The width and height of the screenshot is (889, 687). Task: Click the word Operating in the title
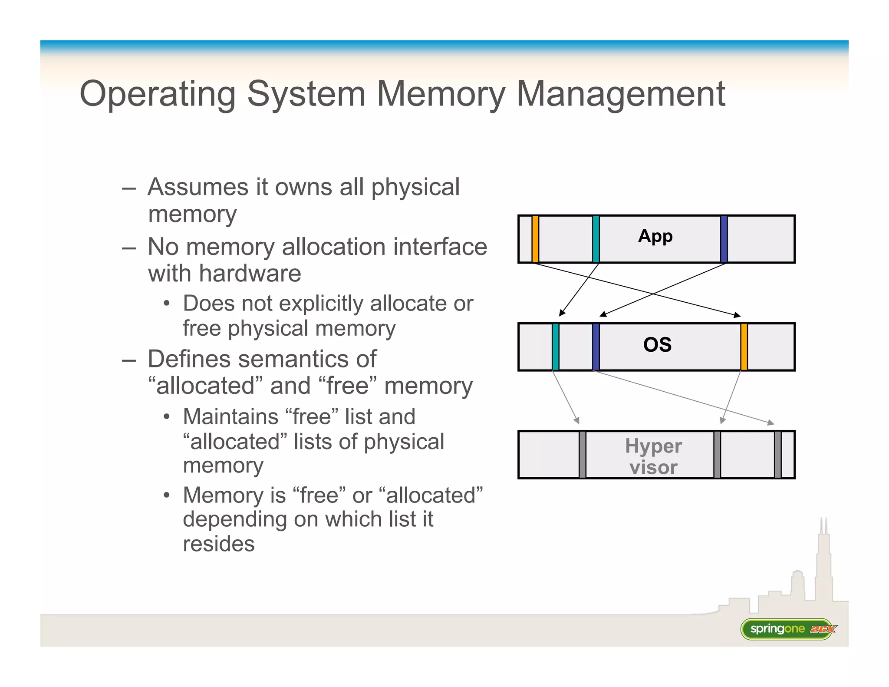click(158, 94)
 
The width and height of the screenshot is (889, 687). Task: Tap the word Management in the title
click(621, 94)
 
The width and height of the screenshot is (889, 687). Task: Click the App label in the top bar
click(655, 237)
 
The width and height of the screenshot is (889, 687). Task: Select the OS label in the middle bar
click(657, 345)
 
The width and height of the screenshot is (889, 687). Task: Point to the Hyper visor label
click(653, 456)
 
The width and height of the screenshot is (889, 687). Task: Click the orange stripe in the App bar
click(535, 239)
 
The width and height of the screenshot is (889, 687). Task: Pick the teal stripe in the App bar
click(596, 239)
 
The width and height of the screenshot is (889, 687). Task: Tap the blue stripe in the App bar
click(724, 239)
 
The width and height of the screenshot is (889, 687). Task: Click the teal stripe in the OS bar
click(555, 347)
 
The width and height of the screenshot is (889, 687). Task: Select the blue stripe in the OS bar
click(596, 347)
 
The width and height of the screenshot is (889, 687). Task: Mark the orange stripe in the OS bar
click(744, 347)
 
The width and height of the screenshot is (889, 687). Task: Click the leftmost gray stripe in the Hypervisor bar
click(583, 455)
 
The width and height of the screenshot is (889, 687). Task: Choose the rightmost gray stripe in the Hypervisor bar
click(777, 455)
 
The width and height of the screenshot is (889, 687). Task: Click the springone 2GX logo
click(788, 629)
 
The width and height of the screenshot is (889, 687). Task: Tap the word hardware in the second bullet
click(250, 274)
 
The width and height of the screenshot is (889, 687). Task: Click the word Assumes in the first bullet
click(198, 187)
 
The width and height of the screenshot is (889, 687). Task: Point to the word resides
click(218, 544)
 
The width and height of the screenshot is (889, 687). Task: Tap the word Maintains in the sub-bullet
click(230, 417)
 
